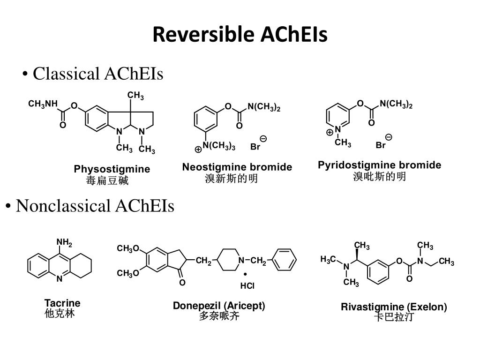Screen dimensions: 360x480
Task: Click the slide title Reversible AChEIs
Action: pos(240,35)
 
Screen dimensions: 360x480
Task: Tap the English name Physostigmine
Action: pos(112,169)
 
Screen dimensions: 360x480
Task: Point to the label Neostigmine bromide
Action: pos(237,167)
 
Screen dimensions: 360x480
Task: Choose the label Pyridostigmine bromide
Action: pos(379,165)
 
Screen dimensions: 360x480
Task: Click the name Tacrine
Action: pos(62,303)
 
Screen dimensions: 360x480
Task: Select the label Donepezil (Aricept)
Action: pos(219,306)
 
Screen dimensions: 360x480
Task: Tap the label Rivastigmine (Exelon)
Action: pos(394,307)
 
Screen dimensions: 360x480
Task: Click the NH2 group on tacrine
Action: pos(64,243)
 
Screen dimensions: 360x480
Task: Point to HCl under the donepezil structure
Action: pos(247,285)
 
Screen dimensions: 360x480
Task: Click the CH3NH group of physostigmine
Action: pos(43,104)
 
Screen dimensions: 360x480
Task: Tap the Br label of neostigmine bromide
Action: pos(255,147)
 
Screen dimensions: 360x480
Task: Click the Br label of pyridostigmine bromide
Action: pos(381,145)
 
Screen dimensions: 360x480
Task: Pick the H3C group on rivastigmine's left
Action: pos(328,259)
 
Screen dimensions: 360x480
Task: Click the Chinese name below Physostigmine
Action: pos(107,180)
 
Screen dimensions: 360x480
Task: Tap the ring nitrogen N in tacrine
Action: pos(60,278)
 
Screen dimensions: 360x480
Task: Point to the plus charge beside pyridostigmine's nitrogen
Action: pos(330,133)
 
